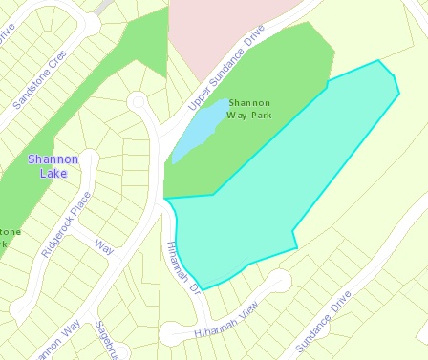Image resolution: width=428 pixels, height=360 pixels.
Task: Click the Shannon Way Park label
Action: (x=249, y=108)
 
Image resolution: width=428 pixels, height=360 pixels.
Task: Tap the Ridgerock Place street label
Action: (x=66, y=224)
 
